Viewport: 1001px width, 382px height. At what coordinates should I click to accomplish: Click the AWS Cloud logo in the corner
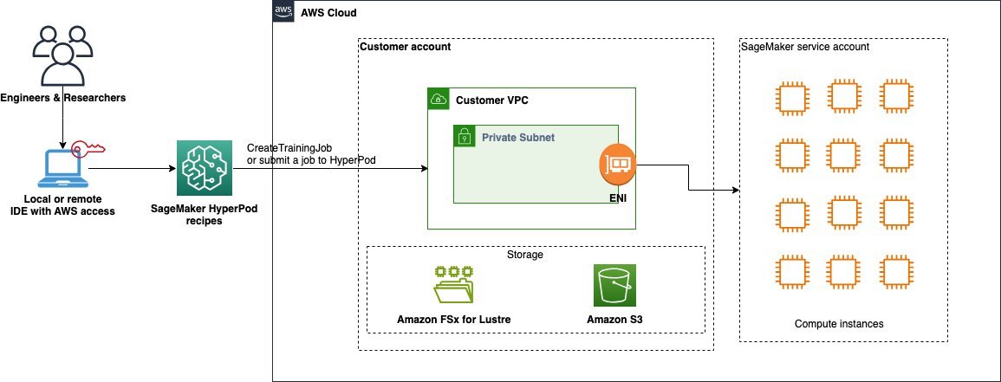[283, 12]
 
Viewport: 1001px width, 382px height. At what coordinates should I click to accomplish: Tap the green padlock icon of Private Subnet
[464, 136]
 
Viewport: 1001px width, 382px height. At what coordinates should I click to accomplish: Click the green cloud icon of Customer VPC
[439, 100]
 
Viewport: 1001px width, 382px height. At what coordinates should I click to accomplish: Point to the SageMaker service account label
[804, 47]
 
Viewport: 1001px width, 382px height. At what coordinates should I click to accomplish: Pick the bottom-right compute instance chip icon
[894, 269]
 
